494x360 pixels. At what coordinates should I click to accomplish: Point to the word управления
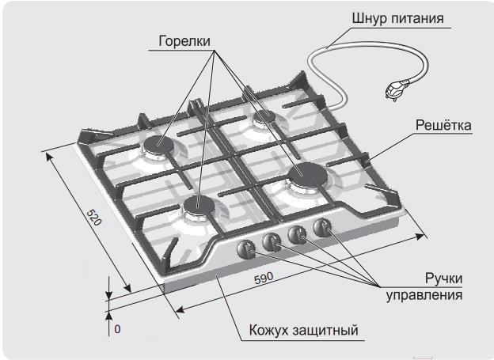coord(424,296)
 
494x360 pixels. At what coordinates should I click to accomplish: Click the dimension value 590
coord(264,279)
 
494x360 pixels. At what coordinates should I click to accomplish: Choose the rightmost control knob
coord(322,229)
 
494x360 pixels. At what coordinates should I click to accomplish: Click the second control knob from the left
coord(272,241)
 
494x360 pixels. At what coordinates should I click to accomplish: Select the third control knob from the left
coord(298,234)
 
